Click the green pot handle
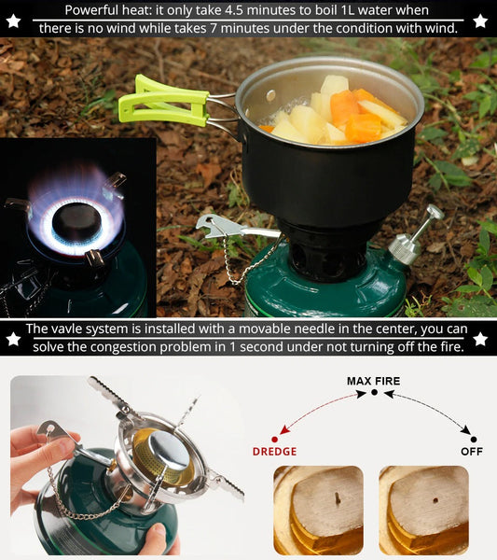pyautogui.click(x=162, y=102)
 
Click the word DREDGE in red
pyautogui.click(x=274, y=452)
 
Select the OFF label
pyautogui.click(x=471, y=452)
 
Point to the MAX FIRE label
pyautogui.click(x=373, y=381)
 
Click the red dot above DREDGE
pyautogui.click(x=274, y=440)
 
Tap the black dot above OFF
pyautogui.click(x=474, y=440)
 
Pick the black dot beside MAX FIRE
pyautogui.click(x=374, y=393)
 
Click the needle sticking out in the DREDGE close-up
pyautogui.click(x=338, y=498)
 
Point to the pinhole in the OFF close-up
pyautogui.click(x=435, y=500)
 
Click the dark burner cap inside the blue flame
pyautogui.click(x=76, y=221)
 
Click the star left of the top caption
pyautogui.click(x=14, y=21)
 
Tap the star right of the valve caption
pyautogui.click(x=480, y=339)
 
